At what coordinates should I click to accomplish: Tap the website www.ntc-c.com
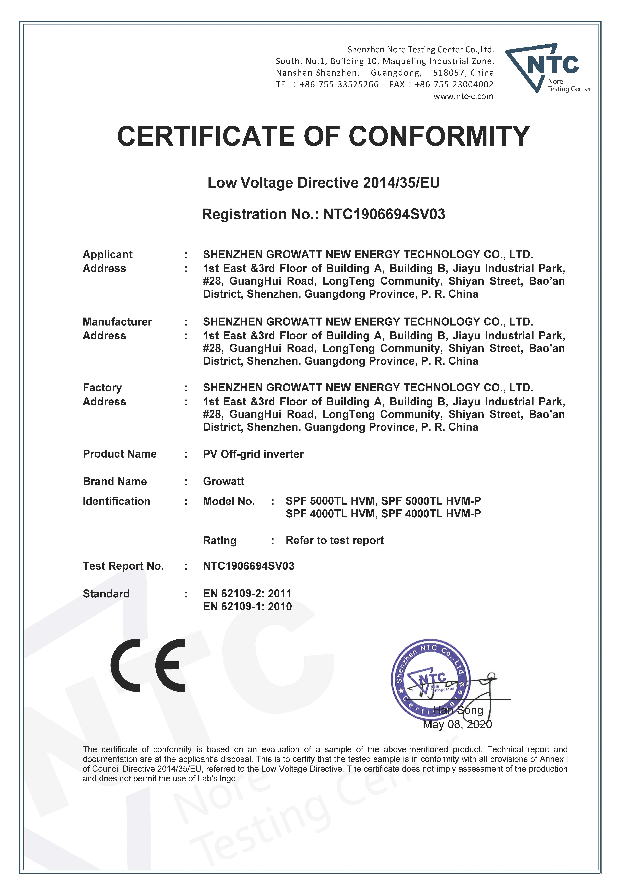(463, 96)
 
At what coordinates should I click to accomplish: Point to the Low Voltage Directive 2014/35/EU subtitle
(323, 182)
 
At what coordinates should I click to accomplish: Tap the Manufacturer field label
(117, 322)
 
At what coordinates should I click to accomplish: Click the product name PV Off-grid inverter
(253, 454)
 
